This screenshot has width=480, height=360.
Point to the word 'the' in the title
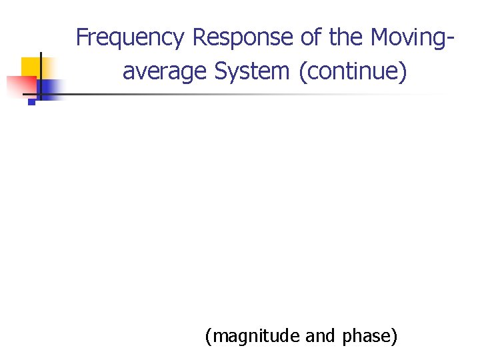(345, 37)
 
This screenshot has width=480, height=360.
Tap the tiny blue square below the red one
(31, 103)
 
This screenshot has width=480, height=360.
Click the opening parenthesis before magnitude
(209, 337)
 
